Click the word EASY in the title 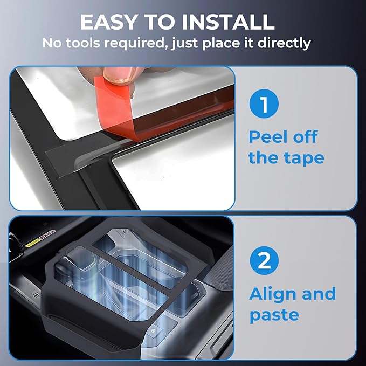click(108, 22)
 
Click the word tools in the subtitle click(83, 43)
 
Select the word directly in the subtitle click(284, 44)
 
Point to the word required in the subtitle click(136, 44)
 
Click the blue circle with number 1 click(264, 103)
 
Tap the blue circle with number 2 click(264, 261)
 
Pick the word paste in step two click(274, 315)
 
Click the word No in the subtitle click(52, 43)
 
